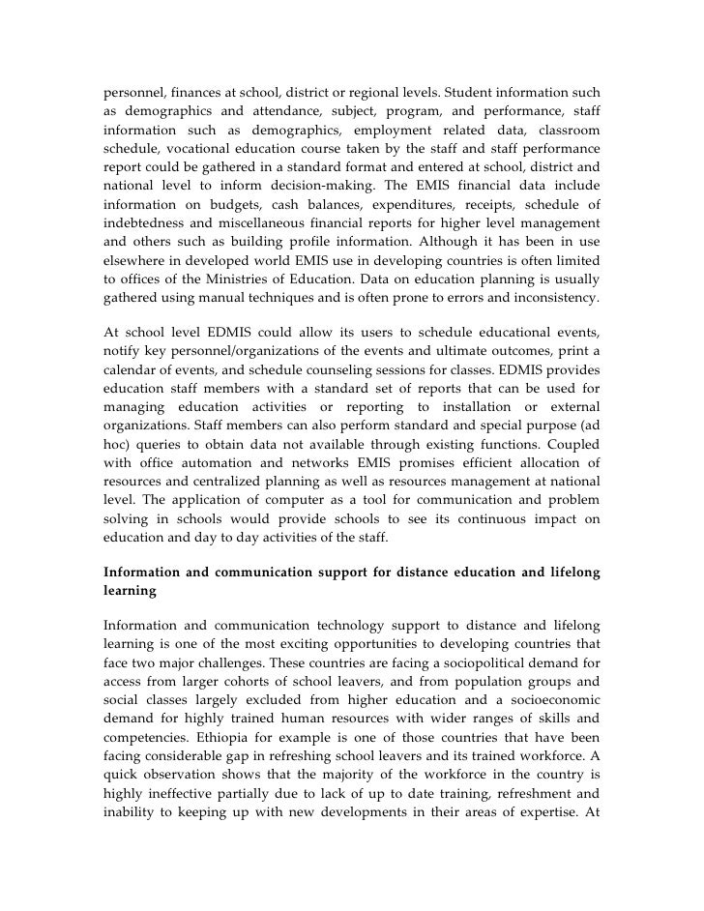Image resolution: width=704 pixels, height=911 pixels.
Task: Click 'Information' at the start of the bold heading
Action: pos(146,573)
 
